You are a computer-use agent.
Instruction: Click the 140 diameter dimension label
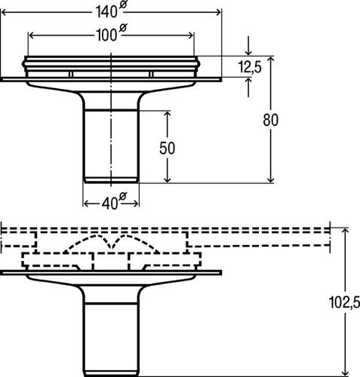[x=111, y=11]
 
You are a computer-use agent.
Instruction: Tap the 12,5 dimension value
[x=250, y=67]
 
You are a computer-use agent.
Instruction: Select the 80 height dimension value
[x=271, y=120]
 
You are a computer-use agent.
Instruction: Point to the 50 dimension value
[x=167, y=148]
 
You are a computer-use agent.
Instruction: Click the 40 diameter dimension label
[x=114, y=201]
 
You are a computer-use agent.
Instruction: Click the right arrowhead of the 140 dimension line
[x=218, y=12]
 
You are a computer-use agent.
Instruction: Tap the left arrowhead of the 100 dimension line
[x=32, y=35]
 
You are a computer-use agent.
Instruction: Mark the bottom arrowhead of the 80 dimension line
[x=271, y=179]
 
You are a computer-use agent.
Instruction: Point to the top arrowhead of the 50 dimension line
[x=168, y=115]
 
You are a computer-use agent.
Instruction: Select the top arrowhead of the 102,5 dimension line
[x=346, y=231]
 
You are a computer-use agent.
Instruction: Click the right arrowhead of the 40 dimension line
[x=135, y=204]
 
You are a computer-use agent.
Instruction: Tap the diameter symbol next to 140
[x=123, y=5]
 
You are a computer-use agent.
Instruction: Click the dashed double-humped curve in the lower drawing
[x=111, y=243]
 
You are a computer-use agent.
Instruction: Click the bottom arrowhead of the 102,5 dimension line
[x=346, y=372]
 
